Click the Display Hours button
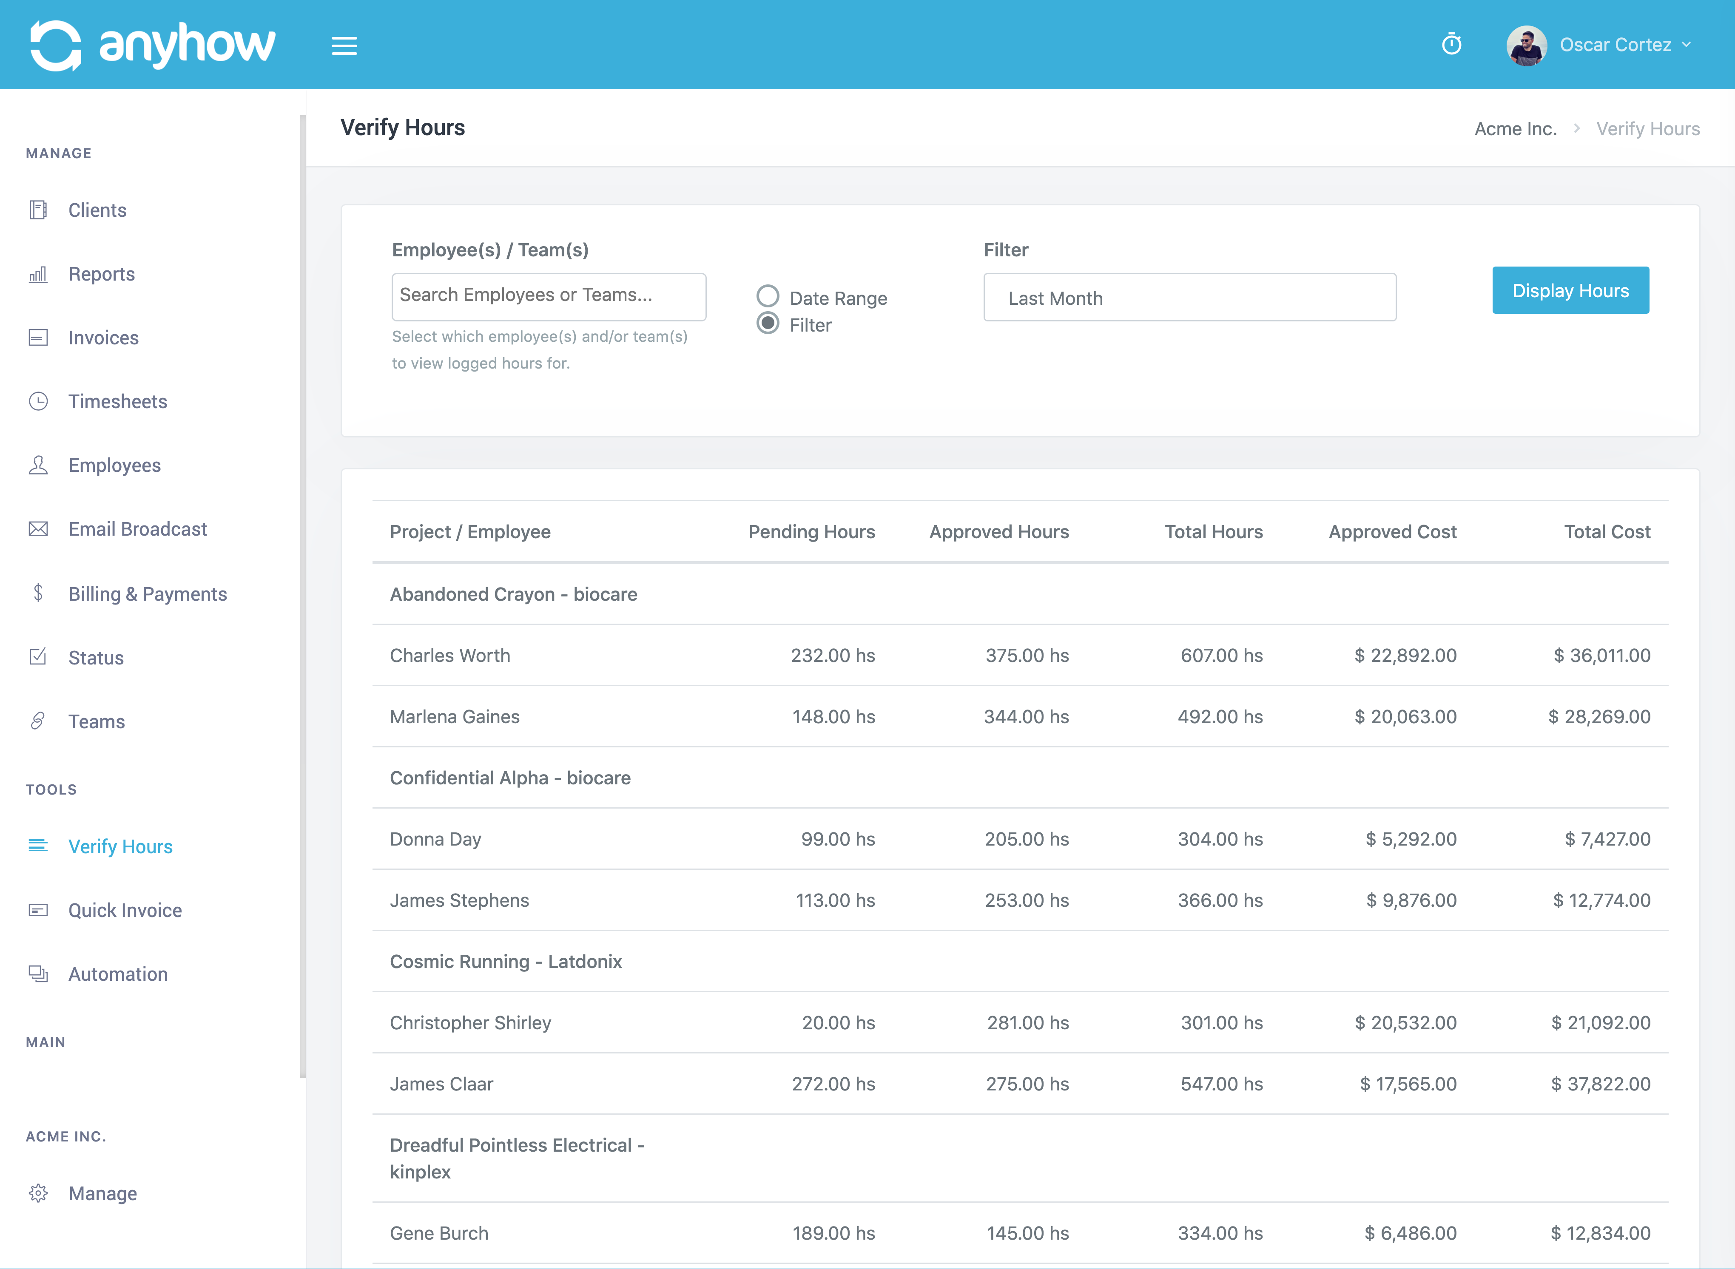(1570, 290)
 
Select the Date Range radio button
(768, 296)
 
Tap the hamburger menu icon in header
(344, 46)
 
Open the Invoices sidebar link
(103, 338)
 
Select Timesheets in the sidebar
(117, 402)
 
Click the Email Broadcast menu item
(137, 529)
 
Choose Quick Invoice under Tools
(125, 910)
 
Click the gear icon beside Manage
(38, 1193)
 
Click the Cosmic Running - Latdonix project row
(506, 962)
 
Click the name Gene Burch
(439, 1233)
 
